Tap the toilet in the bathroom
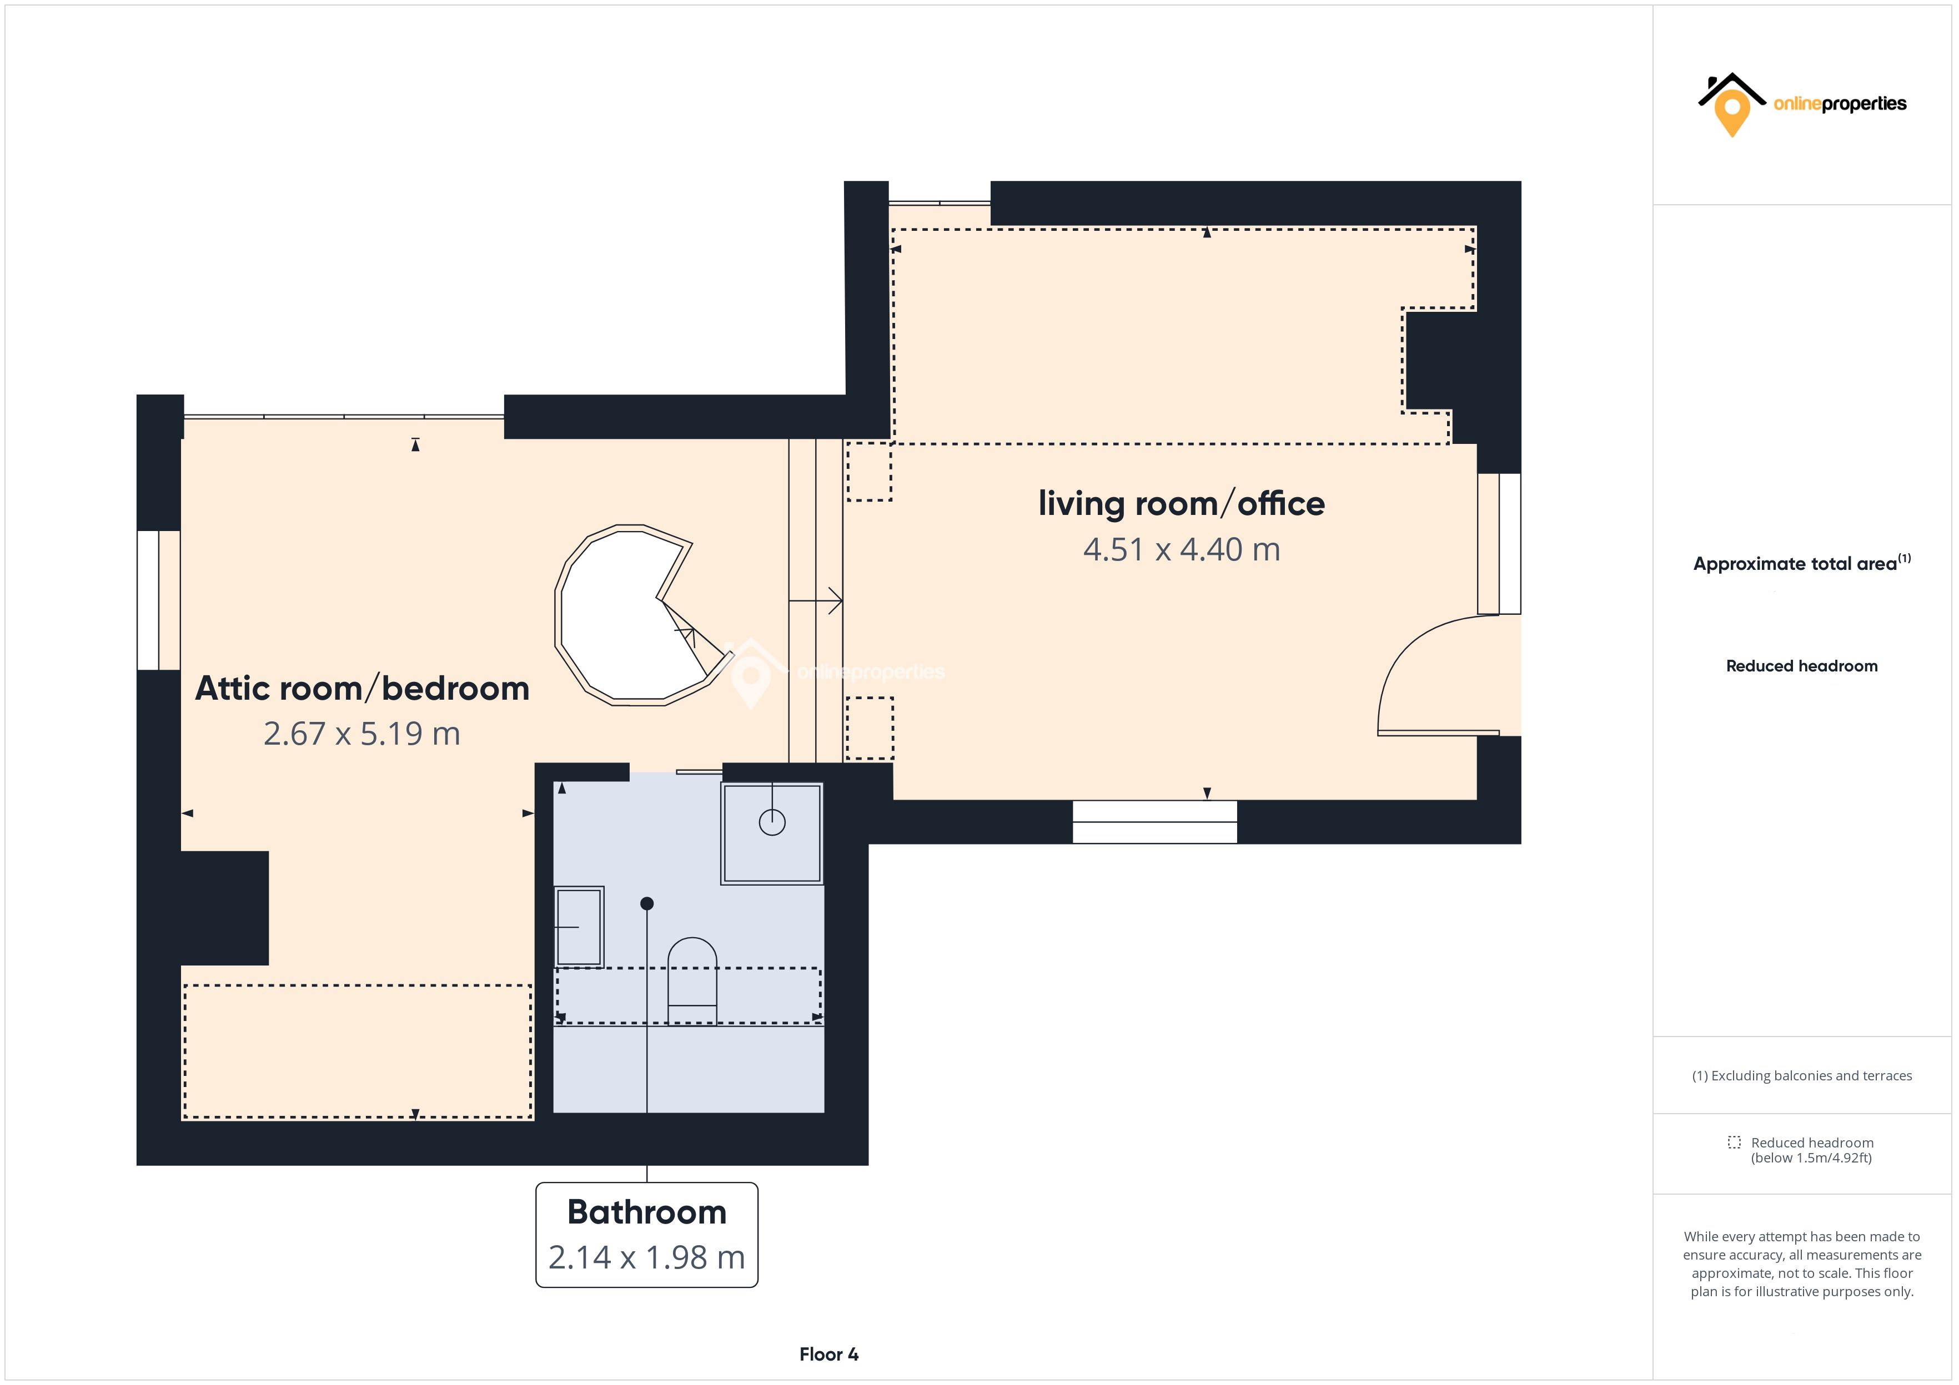coord(692,980)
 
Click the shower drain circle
coord(772,822)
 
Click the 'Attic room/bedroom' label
coord(363,688)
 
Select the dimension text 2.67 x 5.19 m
coord(362,734)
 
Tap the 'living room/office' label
coord(1182,504)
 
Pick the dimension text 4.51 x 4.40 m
coord(1182,550)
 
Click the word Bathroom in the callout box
coord(647,1212)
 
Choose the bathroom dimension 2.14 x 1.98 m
coord(647,1257)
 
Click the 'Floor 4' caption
coord(828,1354)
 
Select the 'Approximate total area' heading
coord(1795,564)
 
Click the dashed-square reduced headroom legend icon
coord(1735,1142)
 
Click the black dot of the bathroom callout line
coord(647,903)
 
